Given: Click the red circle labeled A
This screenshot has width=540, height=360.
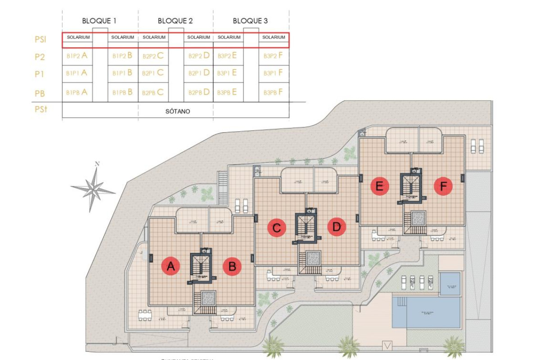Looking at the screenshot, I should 171,267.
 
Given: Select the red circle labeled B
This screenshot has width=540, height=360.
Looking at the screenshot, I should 232,267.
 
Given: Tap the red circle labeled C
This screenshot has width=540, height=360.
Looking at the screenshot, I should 276,228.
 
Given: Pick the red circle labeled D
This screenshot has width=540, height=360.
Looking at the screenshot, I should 336,228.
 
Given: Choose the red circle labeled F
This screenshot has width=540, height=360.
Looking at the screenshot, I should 443,186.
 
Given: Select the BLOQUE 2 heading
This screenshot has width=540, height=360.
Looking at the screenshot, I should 175,21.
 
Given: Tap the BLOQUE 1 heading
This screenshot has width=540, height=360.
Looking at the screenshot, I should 99,21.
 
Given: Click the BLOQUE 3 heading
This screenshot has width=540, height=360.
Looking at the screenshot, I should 251,21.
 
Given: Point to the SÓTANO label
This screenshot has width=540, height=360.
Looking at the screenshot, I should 175,111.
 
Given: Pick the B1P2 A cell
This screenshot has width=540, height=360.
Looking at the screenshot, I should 76,56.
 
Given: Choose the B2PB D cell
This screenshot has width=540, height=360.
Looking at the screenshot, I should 199,92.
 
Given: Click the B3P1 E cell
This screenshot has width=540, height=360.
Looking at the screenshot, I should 227,72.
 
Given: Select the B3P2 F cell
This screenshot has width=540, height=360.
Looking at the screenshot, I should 273,56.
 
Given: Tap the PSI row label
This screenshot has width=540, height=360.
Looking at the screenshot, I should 40,40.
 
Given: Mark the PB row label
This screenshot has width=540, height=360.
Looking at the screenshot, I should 40,93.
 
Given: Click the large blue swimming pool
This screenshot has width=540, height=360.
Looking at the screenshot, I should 427,312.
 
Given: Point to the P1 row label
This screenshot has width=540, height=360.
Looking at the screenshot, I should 40,74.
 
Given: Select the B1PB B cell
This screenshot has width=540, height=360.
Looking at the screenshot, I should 122,92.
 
